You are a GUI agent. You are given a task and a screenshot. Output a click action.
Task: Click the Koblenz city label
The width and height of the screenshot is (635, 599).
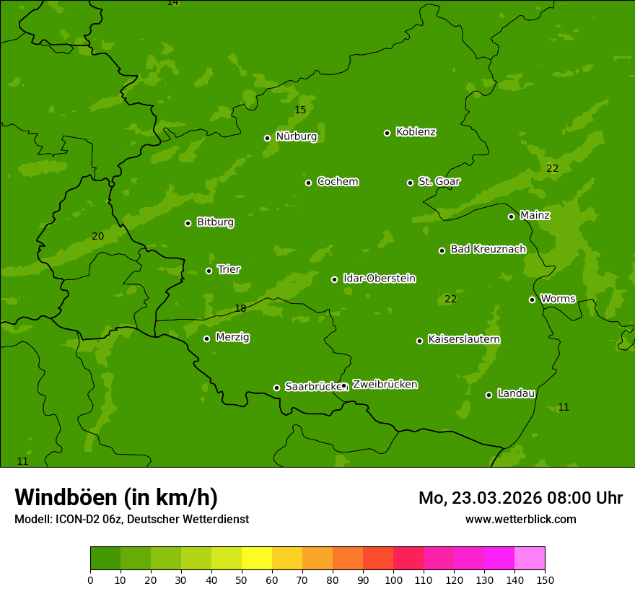[x=416, y=132]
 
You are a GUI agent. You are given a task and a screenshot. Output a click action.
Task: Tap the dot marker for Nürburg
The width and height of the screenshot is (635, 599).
[x=267, y=138]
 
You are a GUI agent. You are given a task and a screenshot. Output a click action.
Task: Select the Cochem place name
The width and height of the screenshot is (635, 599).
[x=337, y=182]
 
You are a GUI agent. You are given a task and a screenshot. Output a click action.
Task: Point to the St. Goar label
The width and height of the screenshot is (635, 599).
[x=439, y=182]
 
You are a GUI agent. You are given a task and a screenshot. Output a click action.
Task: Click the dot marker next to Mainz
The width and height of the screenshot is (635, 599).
[x=511, y=217]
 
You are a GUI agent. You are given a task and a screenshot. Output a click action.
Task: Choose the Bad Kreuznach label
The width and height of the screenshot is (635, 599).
[x=488, y=250]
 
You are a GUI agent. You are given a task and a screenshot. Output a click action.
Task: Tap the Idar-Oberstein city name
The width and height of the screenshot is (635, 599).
[x=379, y=279]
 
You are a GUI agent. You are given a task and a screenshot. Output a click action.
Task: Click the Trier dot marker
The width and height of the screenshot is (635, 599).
[x=209, y=271]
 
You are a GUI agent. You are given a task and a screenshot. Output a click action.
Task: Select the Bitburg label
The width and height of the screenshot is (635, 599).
[x=215, y=222]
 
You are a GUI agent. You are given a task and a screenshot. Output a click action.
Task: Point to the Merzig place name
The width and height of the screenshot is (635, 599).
[x=232, y=337]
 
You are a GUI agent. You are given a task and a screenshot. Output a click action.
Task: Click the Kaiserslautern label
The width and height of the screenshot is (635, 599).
[x=464, y=340]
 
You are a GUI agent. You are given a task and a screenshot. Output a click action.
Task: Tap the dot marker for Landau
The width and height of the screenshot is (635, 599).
[x=489, y=395]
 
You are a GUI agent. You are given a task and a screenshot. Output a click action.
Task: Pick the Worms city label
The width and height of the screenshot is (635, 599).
[x=557, y=299]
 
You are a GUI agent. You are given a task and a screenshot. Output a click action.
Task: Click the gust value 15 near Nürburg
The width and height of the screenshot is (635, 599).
[x=300, y=110]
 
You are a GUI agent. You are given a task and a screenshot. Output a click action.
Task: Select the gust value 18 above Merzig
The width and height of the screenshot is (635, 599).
[x=240, y=309]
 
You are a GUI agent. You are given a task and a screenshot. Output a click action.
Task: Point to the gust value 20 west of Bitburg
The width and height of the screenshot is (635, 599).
[x=98, y=237]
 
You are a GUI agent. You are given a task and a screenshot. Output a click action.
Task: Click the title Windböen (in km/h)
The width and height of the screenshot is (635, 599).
[x=116, y=497]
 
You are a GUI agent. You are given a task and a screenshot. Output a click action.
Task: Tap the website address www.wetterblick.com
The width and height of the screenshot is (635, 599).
[x=520, y=519]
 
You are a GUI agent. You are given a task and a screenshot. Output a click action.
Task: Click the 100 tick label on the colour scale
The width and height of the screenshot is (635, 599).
[x=393, y=580]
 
